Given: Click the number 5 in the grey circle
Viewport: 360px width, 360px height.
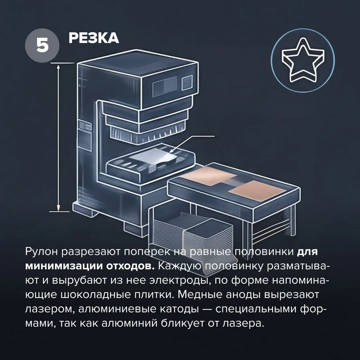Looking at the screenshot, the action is pyautogui.click(x=42, y=45).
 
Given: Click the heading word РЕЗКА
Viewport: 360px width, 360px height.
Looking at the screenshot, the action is pyautogui.click(x=94, y=38).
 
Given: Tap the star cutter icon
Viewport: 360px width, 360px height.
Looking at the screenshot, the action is pyautogui.click(x=303, y=60).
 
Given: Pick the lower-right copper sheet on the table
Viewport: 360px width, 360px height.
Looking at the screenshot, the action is pyautogui.click(x=257, y=190).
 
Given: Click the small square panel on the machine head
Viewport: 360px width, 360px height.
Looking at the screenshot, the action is pyautogui.click(x=187, y=83).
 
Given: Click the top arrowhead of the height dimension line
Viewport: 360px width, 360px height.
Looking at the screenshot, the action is pyautogui.click(x=58, y=67).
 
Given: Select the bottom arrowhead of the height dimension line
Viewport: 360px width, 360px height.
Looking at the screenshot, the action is pyautogui.click(x=58, y=208).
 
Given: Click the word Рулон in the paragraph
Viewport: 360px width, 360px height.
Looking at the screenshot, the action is pyautogui.click(x=42, y=252).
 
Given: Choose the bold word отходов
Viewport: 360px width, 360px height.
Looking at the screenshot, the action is pyautogui.click(x=130, y=266).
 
